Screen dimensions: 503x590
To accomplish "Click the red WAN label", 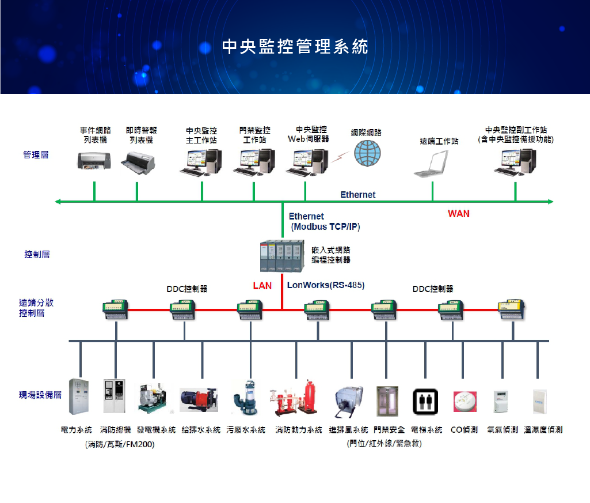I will pos(459,214).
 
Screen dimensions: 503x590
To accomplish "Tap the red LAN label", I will pos(262,286).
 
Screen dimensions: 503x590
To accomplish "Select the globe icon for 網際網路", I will pos(367,154).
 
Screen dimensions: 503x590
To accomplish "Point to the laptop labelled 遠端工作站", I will pos(432,164).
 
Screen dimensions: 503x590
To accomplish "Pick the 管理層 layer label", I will pos(36,155).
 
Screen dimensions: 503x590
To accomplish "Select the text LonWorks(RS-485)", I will pos(326,285).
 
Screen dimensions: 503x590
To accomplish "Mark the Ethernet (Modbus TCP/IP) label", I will pos(325,222).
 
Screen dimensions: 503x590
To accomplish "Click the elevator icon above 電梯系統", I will pos(425,400).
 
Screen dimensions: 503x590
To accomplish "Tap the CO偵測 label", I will pos(464,430).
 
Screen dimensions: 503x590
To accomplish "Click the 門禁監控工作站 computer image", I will pos(254,161).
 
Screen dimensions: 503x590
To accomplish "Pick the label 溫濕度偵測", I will pos(543,430).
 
